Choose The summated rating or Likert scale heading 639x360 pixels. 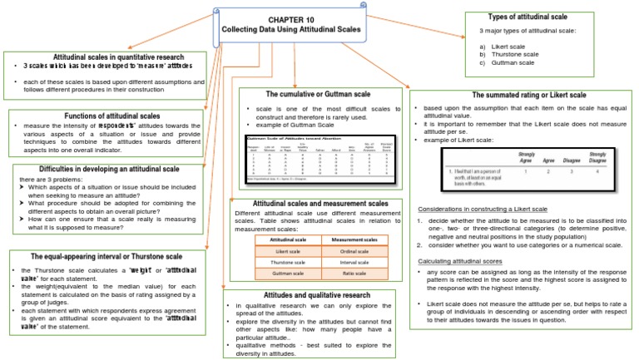pyautogui.click(x=529, y=96)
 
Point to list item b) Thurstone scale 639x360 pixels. pyautogui.click(x=512, y=54)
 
